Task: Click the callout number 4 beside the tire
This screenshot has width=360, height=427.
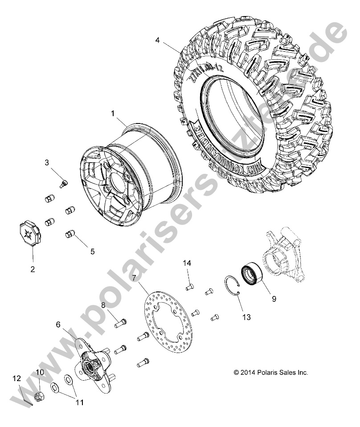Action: pyautogui.click(x=157, y=40)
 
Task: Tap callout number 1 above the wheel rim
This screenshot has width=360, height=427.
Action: pyautogui.click(x=113, y=114)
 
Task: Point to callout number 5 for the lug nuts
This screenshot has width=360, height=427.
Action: pyautogui.click(x=92, y=251)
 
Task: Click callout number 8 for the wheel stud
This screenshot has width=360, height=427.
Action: pyautogui.click(x=103, y=305)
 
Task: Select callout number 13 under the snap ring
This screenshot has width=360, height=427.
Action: pyautogui.click(x=246, y=317)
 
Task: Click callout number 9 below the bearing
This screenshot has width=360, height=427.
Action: pyautogui.click(x=274, y=299)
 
